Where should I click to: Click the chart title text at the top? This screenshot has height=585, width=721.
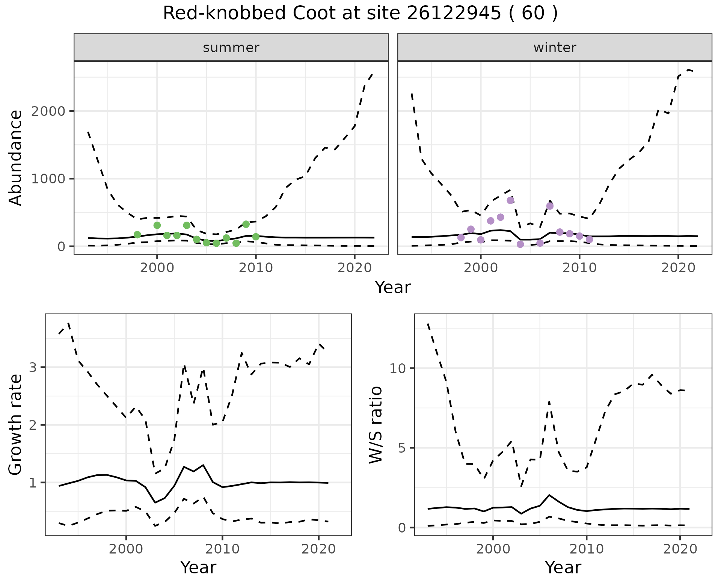[x=360, y=14]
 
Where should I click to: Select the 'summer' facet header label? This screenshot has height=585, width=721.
[x=231, y=48]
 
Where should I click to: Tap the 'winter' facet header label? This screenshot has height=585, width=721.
[x=555, y=48]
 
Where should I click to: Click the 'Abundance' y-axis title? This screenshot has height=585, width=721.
[x=16, y=158]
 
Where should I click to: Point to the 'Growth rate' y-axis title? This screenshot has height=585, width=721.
[x=16, y=425]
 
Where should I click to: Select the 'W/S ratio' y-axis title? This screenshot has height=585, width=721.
[x=376, y=425]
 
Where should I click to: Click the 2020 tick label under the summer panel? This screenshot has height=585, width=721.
[x=354, y=268]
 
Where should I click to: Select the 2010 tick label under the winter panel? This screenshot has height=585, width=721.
[x=579, y=268]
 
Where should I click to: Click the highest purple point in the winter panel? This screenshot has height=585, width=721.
[x=510, y=200]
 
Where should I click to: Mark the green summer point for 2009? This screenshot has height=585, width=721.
[x=246, y=224]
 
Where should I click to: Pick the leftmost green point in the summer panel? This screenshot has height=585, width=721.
[x=137, y=235]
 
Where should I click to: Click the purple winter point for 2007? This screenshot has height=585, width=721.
[x=550, y=206]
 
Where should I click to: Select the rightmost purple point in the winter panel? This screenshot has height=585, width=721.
[x=589, y=239]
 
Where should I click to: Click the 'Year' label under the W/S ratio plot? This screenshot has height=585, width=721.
[x=563, y=568]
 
